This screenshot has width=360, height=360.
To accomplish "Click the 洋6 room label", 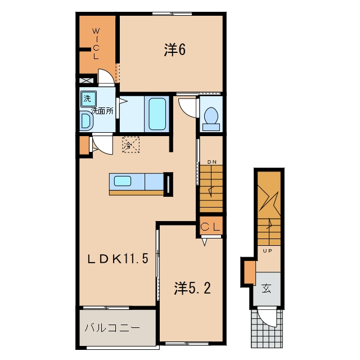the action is [175, 50].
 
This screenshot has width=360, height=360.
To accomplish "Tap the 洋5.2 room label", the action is [192, 288].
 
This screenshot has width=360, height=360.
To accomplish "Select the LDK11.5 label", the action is [118, 259].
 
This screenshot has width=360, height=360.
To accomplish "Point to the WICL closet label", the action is [96, 44].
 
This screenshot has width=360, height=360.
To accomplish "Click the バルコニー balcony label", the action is [112, 327].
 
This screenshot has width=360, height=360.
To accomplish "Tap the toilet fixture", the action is [211, 119].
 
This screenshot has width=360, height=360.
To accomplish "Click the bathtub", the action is [157, 114].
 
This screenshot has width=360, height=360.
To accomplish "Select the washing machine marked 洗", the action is [88, 99].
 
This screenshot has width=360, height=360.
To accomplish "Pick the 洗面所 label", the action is [102, 111].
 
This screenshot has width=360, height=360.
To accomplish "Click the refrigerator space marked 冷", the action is [130, 145].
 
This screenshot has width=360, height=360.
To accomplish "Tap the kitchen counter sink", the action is [123, 181].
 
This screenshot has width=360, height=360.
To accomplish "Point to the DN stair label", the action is [211, 162].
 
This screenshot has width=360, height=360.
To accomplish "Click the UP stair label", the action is [267, 251].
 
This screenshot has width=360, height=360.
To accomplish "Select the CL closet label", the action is [210, 227].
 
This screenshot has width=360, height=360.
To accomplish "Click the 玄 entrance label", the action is [266, 289].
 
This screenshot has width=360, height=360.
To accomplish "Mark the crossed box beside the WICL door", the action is [86, 81].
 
